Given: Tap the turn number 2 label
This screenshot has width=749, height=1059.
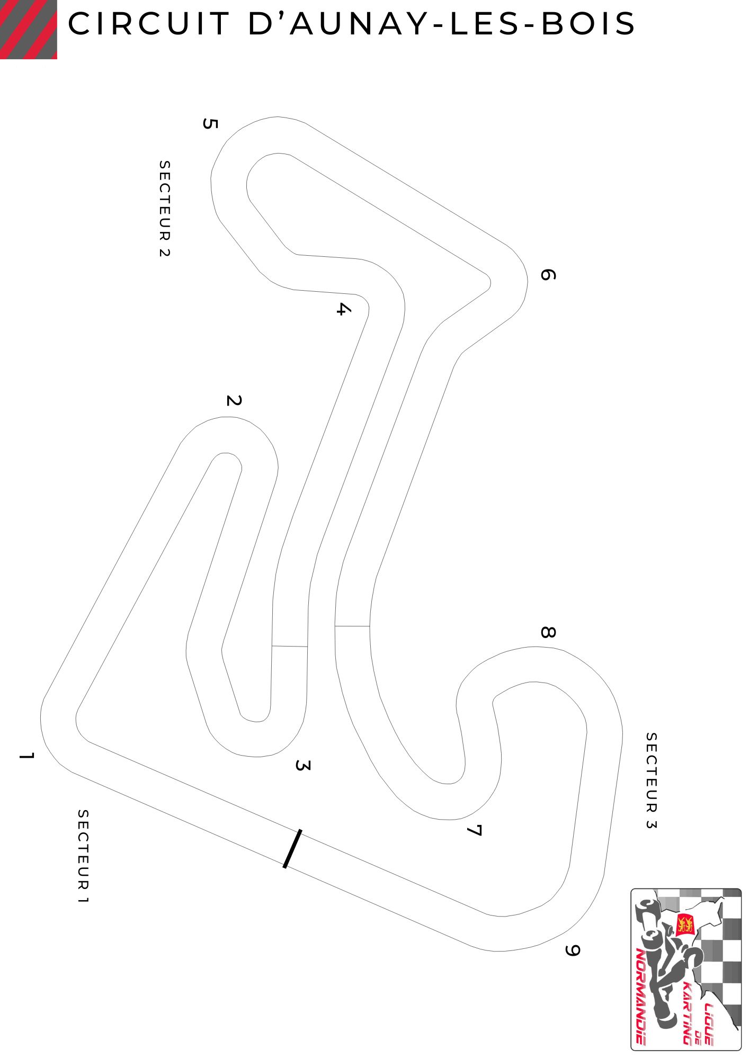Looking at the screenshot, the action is (234, 400).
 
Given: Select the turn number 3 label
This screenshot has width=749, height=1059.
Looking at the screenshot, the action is (302, 765).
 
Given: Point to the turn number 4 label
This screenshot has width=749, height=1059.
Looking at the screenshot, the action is (343, 309).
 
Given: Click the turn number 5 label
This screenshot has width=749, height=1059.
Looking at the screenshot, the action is (210, 124).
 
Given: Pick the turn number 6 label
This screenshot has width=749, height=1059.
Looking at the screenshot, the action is (548, 274).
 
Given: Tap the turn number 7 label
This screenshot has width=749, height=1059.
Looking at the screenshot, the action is (474, 830).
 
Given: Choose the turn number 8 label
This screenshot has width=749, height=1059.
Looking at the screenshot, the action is (548, 632).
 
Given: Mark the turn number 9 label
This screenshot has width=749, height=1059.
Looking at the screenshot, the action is (572, 950).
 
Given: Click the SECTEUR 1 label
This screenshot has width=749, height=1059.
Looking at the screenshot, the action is (83, 856).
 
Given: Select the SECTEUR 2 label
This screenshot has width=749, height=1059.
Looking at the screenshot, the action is (164, 209).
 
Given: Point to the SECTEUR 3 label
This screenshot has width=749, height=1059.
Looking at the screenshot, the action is (651, 780).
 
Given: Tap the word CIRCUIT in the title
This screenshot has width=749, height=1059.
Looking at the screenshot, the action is (148, 24).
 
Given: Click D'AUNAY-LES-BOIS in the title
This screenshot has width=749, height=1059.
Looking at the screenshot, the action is (441, 24).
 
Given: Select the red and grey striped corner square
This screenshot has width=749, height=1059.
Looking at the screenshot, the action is (29, 29).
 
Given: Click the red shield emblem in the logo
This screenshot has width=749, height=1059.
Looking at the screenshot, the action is (685, 924).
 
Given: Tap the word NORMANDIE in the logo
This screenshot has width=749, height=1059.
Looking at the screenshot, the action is (641, 995).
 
